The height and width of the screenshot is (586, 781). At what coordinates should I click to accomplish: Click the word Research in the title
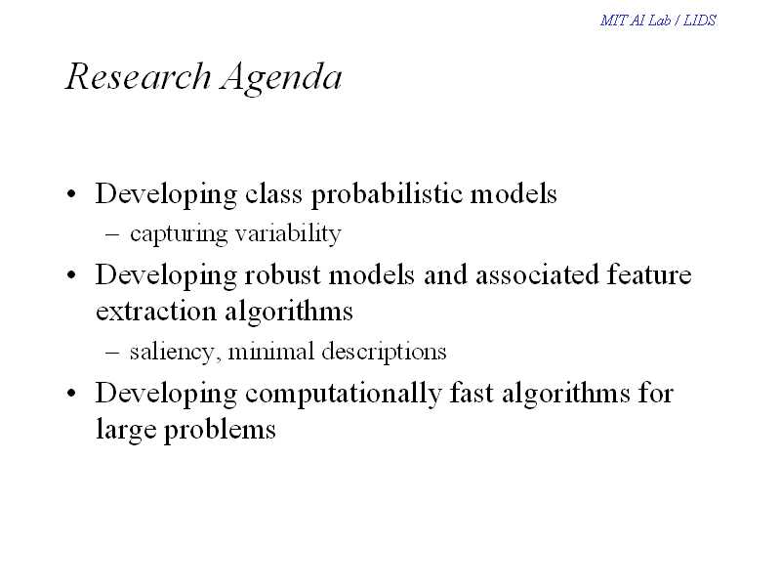pyautogui.click(x=138, y=77)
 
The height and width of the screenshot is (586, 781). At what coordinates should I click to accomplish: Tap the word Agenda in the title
pyautogui.click(x=282, y=79)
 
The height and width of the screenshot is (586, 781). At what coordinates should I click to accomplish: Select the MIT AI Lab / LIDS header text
pyautogui.click(x=658, y=20)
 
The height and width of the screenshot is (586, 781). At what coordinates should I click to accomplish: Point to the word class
pyautogui.click(x=273, y=193)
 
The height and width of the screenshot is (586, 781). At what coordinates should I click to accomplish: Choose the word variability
pyautogui.click(x=288, y=233)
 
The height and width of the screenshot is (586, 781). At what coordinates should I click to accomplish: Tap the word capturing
pyautogui.click(x=179, y=234)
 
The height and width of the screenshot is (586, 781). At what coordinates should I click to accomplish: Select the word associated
pyautogui.click(x=537, y=275)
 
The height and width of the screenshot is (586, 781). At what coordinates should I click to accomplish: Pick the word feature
pyautogui.click(x=649, y=275)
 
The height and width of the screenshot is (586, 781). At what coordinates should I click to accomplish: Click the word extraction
pyautogui.click(x=156, y=312)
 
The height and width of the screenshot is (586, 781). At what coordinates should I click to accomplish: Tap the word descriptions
pyautogui.click(x=384, y=353)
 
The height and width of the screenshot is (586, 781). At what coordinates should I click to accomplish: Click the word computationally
pyautogui.click(x=344, y=394)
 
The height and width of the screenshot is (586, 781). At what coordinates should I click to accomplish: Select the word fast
pyautogui.click(x=473, y=393)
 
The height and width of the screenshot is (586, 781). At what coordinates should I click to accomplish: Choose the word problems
pyautogui.click(x=220, y=430)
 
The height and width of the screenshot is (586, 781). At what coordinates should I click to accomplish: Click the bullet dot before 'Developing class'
pyautogui.click(x=71, y=193)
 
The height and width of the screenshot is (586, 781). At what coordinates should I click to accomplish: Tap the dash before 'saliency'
pyautogui.click(x=112, y=353)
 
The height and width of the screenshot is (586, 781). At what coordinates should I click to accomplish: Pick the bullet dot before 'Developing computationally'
pyautogui.click(x=71, y=394)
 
